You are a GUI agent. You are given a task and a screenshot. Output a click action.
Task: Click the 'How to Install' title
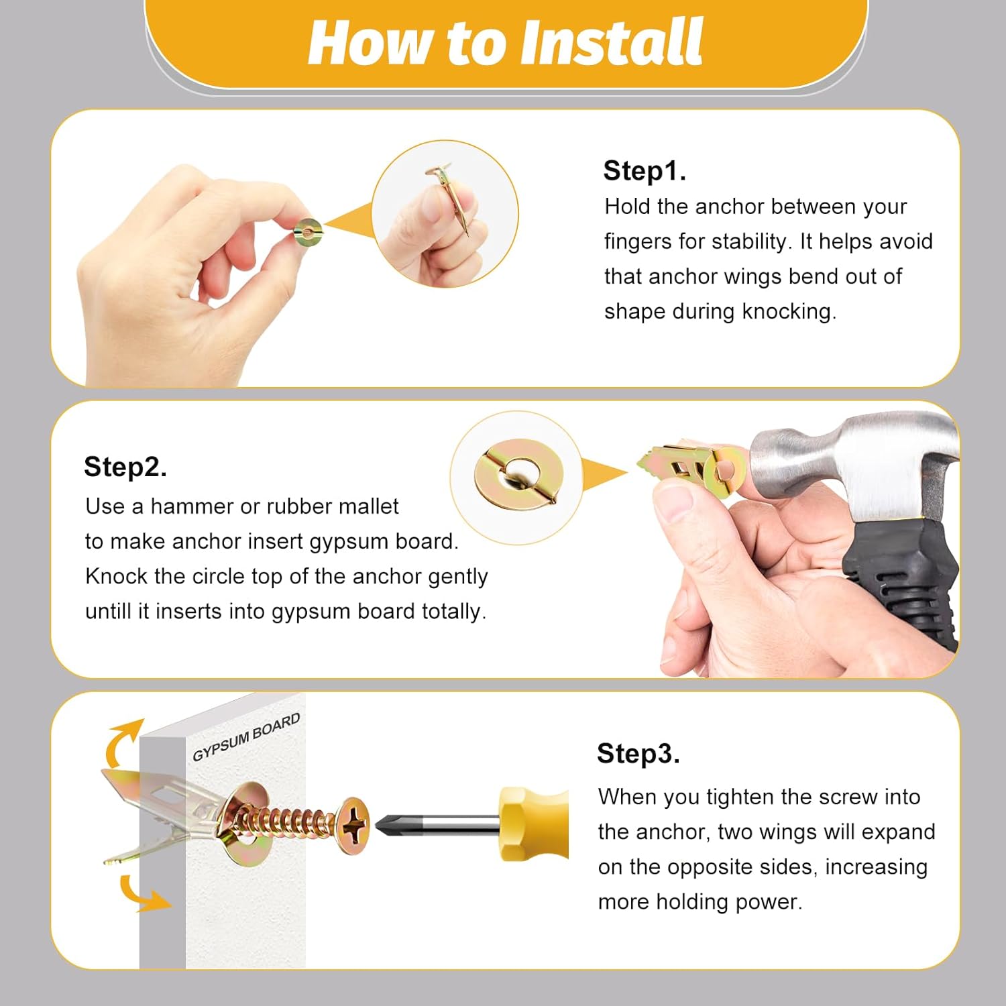pyautogui.click(x=505, y=42)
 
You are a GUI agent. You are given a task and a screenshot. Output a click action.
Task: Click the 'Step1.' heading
pyautogui.click(x=644, y=170)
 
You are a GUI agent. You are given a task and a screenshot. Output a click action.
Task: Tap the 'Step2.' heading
pyautogui.click(x=125, y=467)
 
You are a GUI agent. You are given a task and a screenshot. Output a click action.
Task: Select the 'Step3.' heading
pyautogui.click(x=638, y=753)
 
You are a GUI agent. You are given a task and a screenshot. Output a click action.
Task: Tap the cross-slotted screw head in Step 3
pyautogui.click(x=353, y=825)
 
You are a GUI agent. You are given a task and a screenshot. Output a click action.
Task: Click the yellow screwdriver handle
pyautogui.click(x=533, y=824)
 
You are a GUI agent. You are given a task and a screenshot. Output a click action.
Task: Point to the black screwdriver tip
pyautogui.click(x=389, y=825)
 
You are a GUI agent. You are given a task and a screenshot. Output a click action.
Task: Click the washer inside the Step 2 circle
pyautogui.click(x=514, y=472)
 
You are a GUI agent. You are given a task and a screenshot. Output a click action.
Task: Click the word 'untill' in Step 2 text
pyautogui.click(x=107, y=611)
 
